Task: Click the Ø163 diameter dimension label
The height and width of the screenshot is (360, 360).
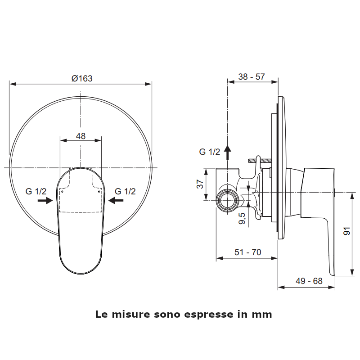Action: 82,78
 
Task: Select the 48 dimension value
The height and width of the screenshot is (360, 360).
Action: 81,135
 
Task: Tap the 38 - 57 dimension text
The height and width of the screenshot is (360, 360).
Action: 251,76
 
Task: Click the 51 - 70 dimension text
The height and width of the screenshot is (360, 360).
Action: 247,252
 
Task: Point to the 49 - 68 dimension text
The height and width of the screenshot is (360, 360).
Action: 309,281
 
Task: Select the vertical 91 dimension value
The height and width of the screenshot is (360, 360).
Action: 346,231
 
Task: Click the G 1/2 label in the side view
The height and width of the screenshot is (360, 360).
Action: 210,152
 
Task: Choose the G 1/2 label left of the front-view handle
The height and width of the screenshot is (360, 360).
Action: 36,191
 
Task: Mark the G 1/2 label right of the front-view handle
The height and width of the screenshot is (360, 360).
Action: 125,191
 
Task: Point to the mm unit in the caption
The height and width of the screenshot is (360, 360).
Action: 264,315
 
